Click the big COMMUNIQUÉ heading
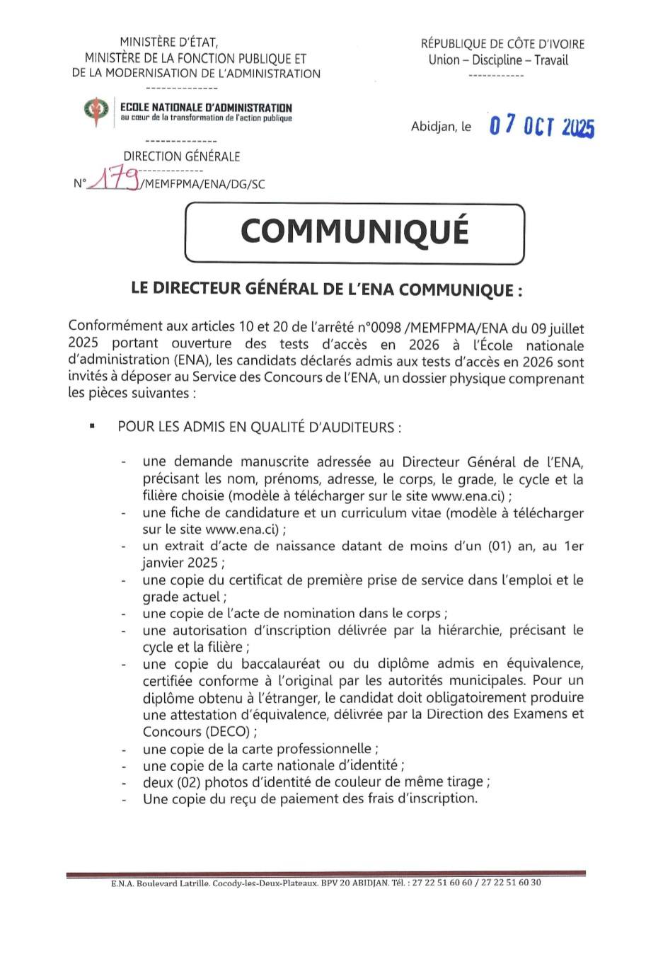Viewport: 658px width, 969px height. [354, 231]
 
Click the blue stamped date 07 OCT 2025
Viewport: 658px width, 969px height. [542, 127]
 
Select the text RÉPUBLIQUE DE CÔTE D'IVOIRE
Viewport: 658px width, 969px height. [502, 45]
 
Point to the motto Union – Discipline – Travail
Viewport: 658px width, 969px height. [497, 60]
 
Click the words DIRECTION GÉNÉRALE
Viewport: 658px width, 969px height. [182, 156]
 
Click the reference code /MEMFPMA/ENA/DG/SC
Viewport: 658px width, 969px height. [203, 185]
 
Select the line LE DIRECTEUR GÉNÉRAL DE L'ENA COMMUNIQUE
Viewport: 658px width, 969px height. [327, 289]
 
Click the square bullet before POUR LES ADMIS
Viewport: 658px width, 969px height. [91, 427]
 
